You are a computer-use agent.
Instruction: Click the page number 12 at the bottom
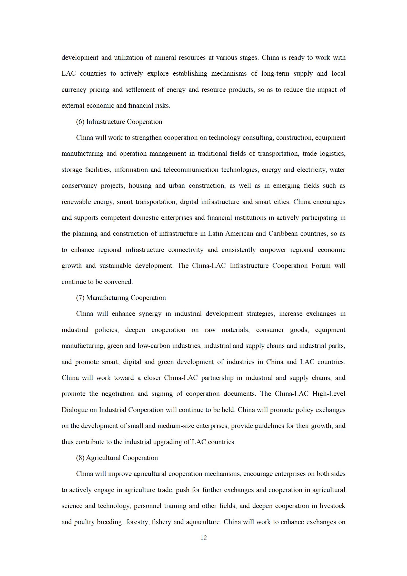point(203,538)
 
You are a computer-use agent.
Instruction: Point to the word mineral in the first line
point(164,57)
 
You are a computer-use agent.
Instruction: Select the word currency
point(73,90)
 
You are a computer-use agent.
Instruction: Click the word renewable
point(76,202)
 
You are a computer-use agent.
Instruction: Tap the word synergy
point(150,314)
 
